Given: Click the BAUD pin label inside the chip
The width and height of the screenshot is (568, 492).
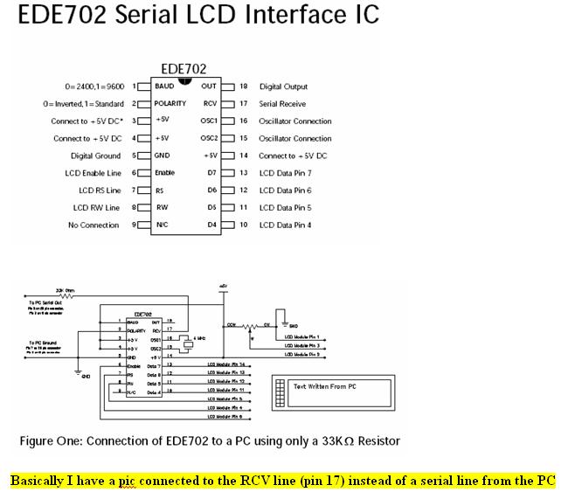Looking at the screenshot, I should pos(164,87).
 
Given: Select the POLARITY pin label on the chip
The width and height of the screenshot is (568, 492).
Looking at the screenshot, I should pos(170,103).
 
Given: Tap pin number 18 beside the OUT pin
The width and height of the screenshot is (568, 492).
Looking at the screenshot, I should pos(243,87).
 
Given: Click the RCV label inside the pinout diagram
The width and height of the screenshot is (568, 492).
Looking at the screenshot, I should pos(210,103).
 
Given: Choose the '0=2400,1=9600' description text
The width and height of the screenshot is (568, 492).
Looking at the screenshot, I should pos(94,87).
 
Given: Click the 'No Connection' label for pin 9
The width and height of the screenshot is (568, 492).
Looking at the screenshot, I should pos(94,225).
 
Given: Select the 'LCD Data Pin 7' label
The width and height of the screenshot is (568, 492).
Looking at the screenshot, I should pos(285,173).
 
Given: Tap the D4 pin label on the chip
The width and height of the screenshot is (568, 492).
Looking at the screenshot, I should pos(211,225).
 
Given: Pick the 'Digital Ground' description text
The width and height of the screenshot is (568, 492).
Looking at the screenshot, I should pos(95,156).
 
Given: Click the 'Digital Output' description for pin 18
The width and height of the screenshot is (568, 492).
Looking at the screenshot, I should pos(283,87).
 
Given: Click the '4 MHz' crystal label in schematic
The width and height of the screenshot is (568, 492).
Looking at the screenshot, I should pos(200,337).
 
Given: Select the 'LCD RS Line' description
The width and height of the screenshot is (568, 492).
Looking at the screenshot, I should pos(99,191).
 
